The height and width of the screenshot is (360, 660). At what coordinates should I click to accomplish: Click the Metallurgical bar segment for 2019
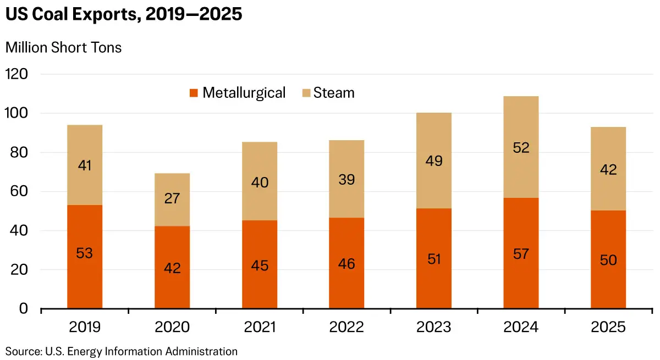coord(85,257)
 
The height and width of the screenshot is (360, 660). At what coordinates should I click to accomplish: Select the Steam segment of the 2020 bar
coord(172,200)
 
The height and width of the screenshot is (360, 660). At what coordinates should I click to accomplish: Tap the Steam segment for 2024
coord(521,147)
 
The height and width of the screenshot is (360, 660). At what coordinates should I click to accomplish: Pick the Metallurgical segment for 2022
coord(346,263)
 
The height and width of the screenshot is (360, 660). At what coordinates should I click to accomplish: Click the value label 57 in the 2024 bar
coord(521,254)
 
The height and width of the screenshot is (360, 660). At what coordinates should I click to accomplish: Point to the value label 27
coord(172,198)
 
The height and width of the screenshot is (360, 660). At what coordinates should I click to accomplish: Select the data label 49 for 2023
coord(434,160)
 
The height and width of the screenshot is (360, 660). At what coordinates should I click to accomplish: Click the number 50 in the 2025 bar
coord(608,260)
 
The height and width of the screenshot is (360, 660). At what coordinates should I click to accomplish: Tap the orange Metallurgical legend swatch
coord(194,93)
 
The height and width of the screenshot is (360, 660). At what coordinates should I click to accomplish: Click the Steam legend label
coord(334,93)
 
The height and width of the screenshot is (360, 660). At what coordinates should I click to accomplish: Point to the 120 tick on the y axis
coord(16,74)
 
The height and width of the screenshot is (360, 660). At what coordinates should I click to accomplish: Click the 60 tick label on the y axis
coord(19,191)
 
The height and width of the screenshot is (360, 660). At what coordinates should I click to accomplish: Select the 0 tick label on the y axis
coord(24,308)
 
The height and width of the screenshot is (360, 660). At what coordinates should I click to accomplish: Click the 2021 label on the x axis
coord(260,327)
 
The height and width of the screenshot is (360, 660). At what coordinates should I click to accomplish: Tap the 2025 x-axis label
coord(608,327)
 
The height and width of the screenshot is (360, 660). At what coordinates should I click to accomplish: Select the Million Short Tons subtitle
coord(63,47)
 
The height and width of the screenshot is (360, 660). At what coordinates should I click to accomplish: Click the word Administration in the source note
coord(201,351)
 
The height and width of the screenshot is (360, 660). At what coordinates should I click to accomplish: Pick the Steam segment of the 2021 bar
coord(260,181)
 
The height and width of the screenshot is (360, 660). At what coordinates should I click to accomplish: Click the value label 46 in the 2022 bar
coord(346,264)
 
